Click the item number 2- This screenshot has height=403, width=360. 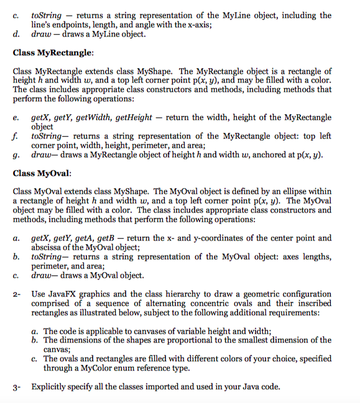click(x=17, y=294)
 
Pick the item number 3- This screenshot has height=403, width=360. click(x=17, y=387)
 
